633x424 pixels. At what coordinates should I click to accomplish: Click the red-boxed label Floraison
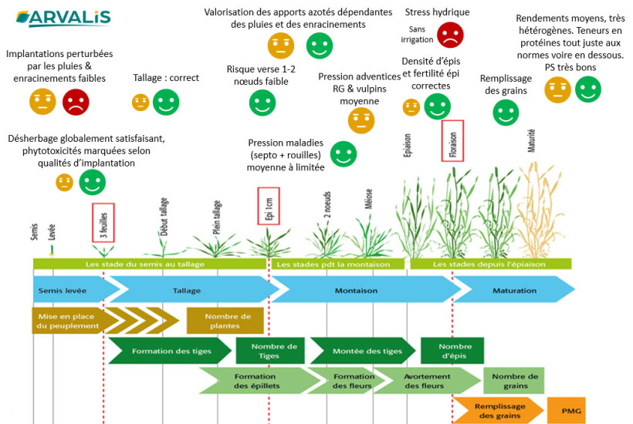tap(452, 141)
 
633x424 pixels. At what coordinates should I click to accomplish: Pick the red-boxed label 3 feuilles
tap(103, 223)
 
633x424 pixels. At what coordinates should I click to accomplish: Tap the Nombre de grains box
tap(510, 380)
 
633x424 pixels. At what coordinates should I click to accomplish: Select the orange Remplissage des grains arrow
tap(497, 410)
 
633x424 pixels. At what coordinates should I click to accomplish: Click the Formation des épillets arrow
tap(255, 380)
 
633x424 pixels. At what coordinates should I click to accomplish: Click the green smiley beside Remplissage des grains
tap(506, 113)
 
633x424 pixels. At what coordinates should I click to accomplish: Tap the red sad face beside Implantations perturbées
tap(76, 101)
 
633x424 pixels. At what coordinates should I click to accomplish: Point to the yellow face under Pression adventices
tap(361, 119)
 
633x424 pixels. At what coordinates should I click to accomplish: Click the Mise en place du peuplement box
tap(66, 321)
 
